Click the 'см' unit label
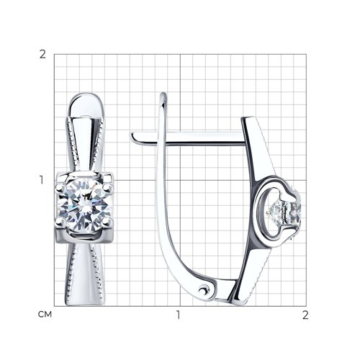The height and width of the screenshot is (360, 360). [x=45, y=315]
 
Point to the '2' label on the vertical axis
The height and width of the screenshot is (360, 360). [x=42, y=55]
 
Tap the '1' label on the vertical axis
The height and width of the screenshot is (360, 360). [x=42, y=180]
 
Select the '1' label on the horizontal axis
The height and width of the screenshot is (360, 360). [x=178, y=315]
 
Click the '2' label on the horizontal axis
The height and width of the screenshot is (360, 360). [x=305, y=315]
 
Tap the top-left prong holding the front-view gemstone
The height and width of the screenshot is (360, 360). [x=60, y=187]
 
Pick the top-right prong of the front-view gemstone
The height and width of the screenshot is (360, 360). [x=108, y=187]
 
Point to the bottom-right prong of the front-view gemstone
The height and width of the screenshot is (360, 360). [x=107, y=222]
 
